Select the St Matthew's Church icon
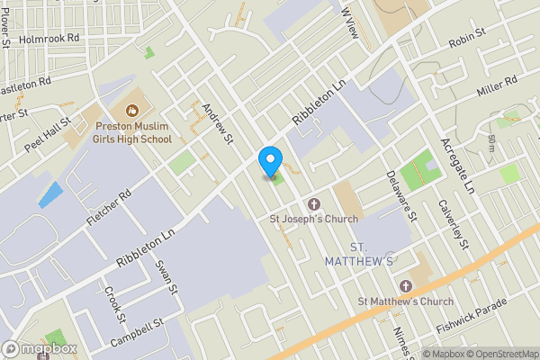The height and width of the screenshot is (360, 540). [405, 286]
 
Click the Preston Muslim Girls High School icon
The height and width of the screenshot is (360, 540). [132, 112]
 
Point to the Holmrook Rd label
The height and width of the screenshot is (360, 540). [49, 40]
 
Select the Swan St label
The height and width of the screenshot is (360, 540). [164, 278]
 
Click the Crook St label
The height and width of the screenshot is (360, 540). [115, 304]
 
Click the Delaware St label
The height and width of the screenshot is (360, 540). [401, 197]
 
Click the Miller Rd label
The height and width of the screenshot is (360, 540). [499, 87]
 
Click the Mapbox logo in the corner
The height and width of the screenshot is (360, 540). [37, 348]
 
